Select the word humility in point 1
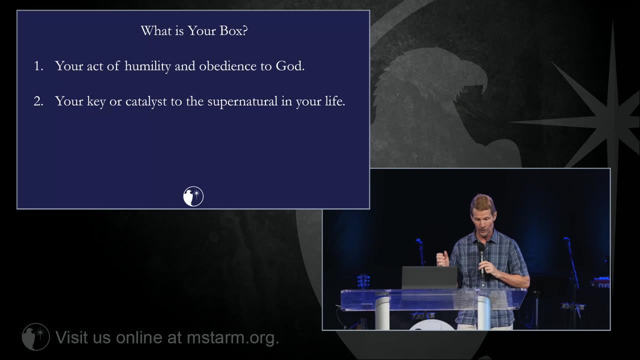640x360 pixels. tap(147, 66)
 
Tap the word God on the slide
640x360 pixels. tap(290, 66)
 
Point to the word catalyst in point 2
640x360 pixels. tap(146, 101)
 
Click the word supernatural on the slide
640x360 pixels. tap(242, 102)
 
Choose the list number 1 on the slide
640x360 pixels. tap(38, 66)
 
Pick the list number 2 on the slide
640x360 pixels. tap(38, 101)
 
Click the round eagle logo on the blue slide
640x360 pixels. tap(193, 196)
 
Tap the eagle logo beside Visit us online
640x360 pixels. tap(35, 337)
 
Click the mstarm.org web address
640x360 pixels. tap(233, 338)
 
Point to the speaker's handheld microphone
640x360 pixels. tap(481, 258)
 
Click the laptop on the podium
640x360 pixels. tap(430, 277)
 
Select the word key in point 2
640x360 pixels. tap(96, 102)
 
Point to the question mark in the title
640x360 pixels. tap(245, 31)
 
